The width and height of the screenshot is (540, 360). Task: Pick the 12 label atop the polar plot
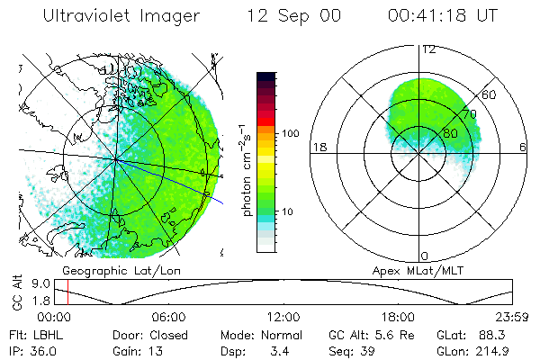[428, 49]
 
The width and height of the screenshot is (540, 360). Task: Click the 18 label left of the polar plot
[318, 147]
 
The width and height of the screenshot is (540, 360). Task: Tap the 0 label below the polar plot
[425, 256]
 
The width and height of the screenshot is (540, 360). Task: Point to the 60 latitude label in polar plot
[489, 94]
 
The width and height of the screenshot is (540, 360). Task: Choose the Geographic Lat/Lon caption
[114, 269]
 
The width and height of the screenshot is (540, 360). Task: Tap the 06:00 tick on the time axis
[168, 317]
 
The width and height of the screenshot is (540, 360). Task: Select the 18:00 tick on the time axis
[398, 317]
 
